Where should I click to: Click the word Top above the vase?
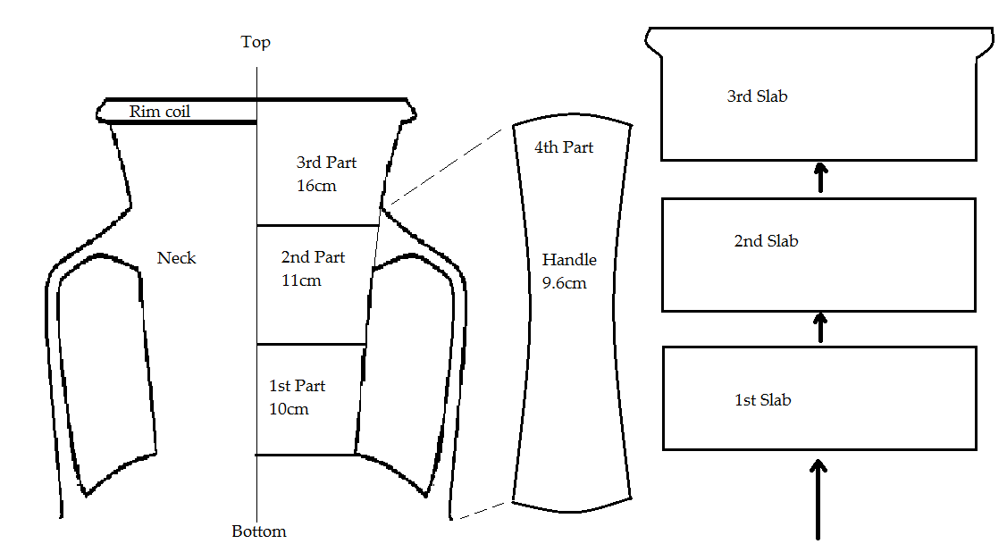(256, 42)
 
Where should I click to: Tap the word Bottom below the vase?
(259, 531)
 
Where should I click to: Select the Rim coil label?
(160, 112)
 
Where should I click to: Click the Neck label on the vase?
(176, 258)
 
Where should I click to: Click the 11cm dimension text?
(301, 280)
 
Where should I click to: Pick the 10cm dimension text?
(289, 409)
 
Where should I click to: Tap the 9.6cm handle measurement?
(565, 283)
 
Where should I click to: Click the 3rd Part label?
(326, 163)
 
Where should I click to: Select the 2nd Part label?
(313, 257)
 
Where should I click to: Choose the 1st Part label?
(297, 386)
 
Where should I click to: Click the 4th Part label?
(564, 147)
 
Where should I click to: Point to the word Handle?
(569, 260)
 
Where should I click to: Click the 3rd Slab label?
(757, 96)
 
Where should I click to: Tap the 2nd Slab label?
(766, 241)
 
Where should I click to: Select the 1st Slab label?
(762, 400)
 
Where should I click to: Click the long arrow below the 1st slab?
(818, 498)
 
